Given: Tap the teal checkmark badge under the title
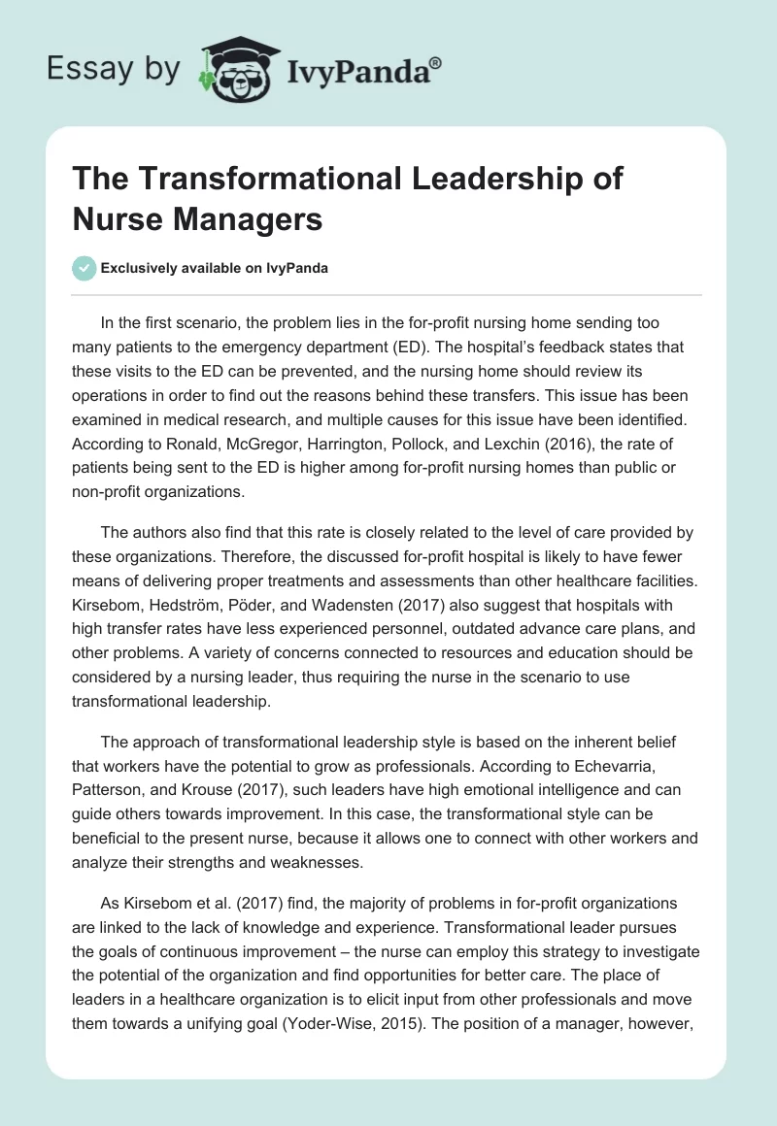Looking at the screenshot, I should tap(84, 268).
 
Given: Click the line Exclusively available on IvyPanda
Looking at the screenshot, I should tap(215, 269).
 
